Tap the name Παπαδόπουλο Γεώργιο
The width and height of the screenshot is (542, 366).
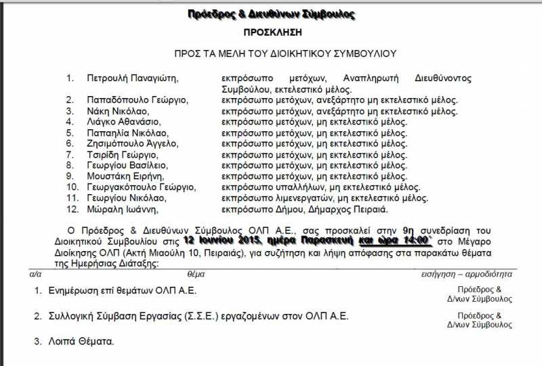(x=138, y=100)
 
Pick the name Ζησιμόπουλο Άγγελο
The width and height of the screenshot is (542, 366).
(x=132, y=143)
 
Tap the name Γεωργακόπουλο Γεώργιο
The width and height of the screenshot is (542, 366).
(x=141, y=187)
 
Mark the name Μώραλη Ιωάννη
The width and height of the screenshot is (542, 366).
(x=121, y=208)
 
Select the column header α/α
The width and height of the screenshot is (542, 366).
(x=37, y=275)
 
